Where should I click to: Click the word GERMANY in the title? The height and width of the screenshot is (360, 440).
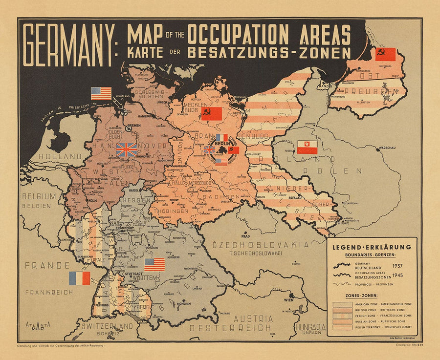(68, 46)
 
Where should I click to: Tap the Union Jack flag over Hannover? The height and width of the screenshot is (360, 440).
(127, 149)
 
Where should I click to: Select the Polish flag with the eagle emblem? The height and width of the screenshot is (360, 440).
(308, 147)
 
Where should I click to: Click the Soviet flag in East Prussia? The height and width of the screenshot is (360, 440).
(385, 54)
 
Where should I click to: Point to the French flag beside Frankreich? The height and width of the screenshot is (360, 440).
(80, 278)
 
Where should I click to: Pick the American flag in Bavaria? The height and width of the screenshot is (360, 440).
(154, 264)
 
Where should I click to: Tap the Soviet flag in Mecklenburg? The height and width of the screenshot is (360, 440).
(212, 114)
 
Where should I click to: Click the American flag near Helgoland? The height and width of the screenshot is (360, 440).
(101, 93)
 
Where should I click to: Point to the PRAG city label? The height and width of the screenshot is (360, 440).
(244, 236)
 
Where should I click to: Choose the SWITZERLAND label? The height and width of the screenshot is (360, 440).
(107, 326)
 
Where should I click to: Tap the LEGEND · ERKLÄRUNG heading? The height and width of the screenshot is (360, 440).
(372, 247)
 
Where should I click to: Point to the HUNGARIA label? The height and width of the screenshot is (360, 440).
(310, 327)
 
